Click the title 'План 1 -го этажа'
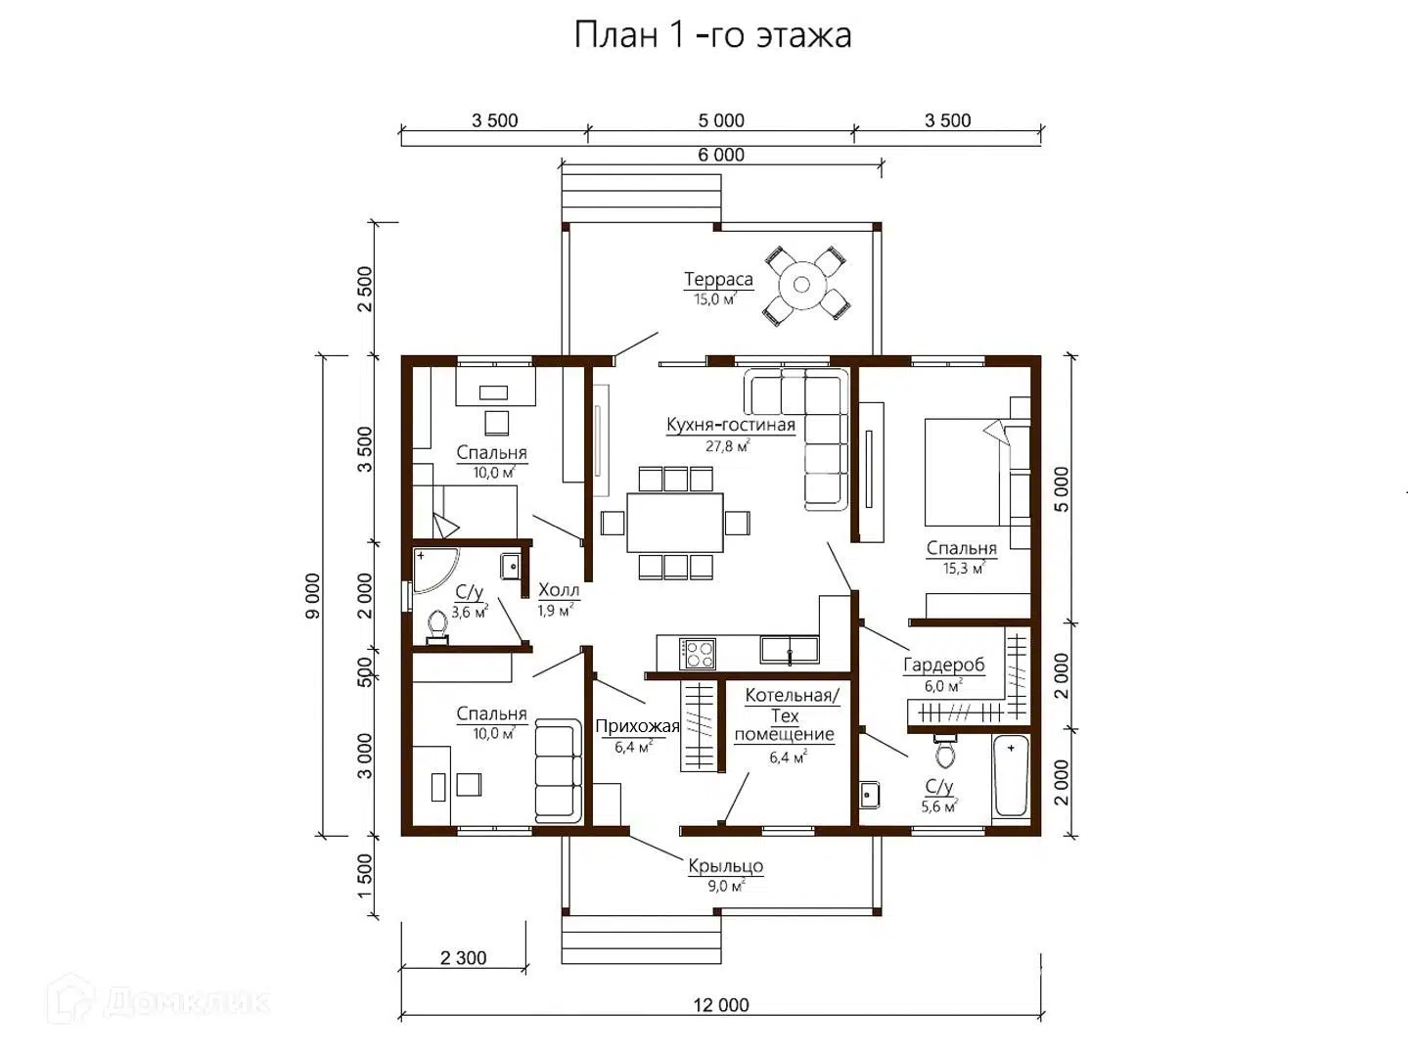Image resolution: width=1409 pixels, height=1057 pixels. tap(712, 36)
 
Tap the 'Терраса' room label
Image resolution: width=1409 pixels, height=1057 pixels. tap(718, 280)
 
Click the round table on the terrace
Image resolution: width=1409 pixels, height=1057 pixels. tap(802, 285)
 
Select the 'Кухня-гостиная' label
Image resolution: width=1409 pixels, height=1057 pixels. tap(730, 426)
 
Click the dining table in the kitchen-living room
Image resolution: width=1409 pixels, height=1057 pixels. tap(675, 523)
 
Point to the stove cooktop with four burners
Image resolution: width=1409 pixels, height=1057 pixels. tap(699, 653)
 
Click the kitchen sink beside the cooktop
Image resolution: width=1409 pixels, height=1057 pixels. tap(790, 649)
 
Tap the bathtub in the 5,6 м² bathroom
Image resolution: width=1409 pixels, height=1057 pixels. tap(1011, 777)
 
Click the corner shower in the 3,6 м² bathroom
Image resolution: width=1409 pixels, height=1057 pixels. tap(432, 569)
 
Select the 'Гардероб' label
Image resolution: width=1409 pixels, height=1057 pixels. tap(943, 666)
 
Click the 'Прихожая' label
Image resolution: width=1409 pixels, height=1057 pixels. tap(637, 726)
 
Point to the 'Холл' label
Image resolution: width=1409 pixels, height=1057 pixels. tap(559, 590)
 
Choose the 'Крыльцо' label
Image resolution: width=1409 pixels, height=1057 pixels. tap(725, 866)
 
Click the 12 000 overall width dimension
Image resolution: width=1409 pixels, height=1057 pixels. tap(721, 1005)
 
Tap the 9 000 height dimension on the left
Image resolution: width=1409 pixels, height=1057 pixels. tap(312, 595)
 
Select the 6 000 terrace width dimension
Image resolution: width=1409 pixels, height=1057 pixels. tap(721, 155)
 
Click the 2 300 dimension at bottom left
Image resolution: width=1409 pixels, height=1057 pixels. tap(463, 958)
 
